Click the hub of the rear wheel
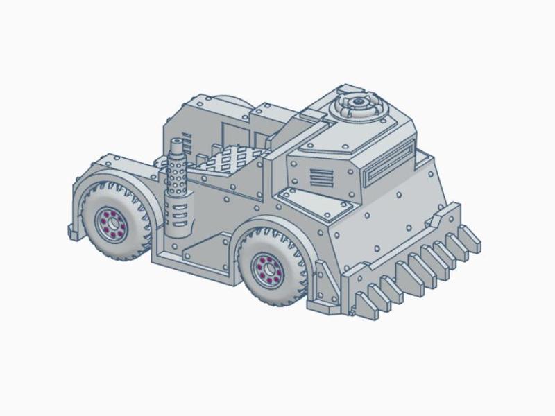coord(110,223)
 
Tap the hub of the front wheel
coord(266,266)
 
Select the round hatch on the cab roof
coord(359,106)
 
